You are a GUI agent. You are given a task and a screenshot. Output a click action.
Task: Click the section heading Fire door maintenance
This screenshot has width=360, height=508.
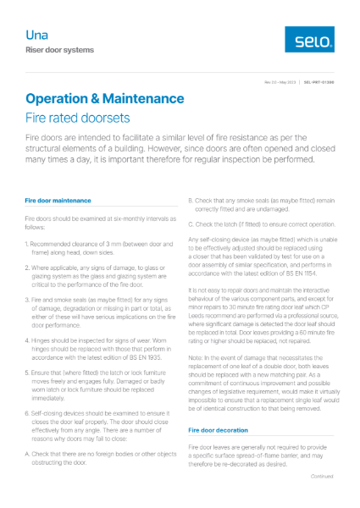click(58, 201)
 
